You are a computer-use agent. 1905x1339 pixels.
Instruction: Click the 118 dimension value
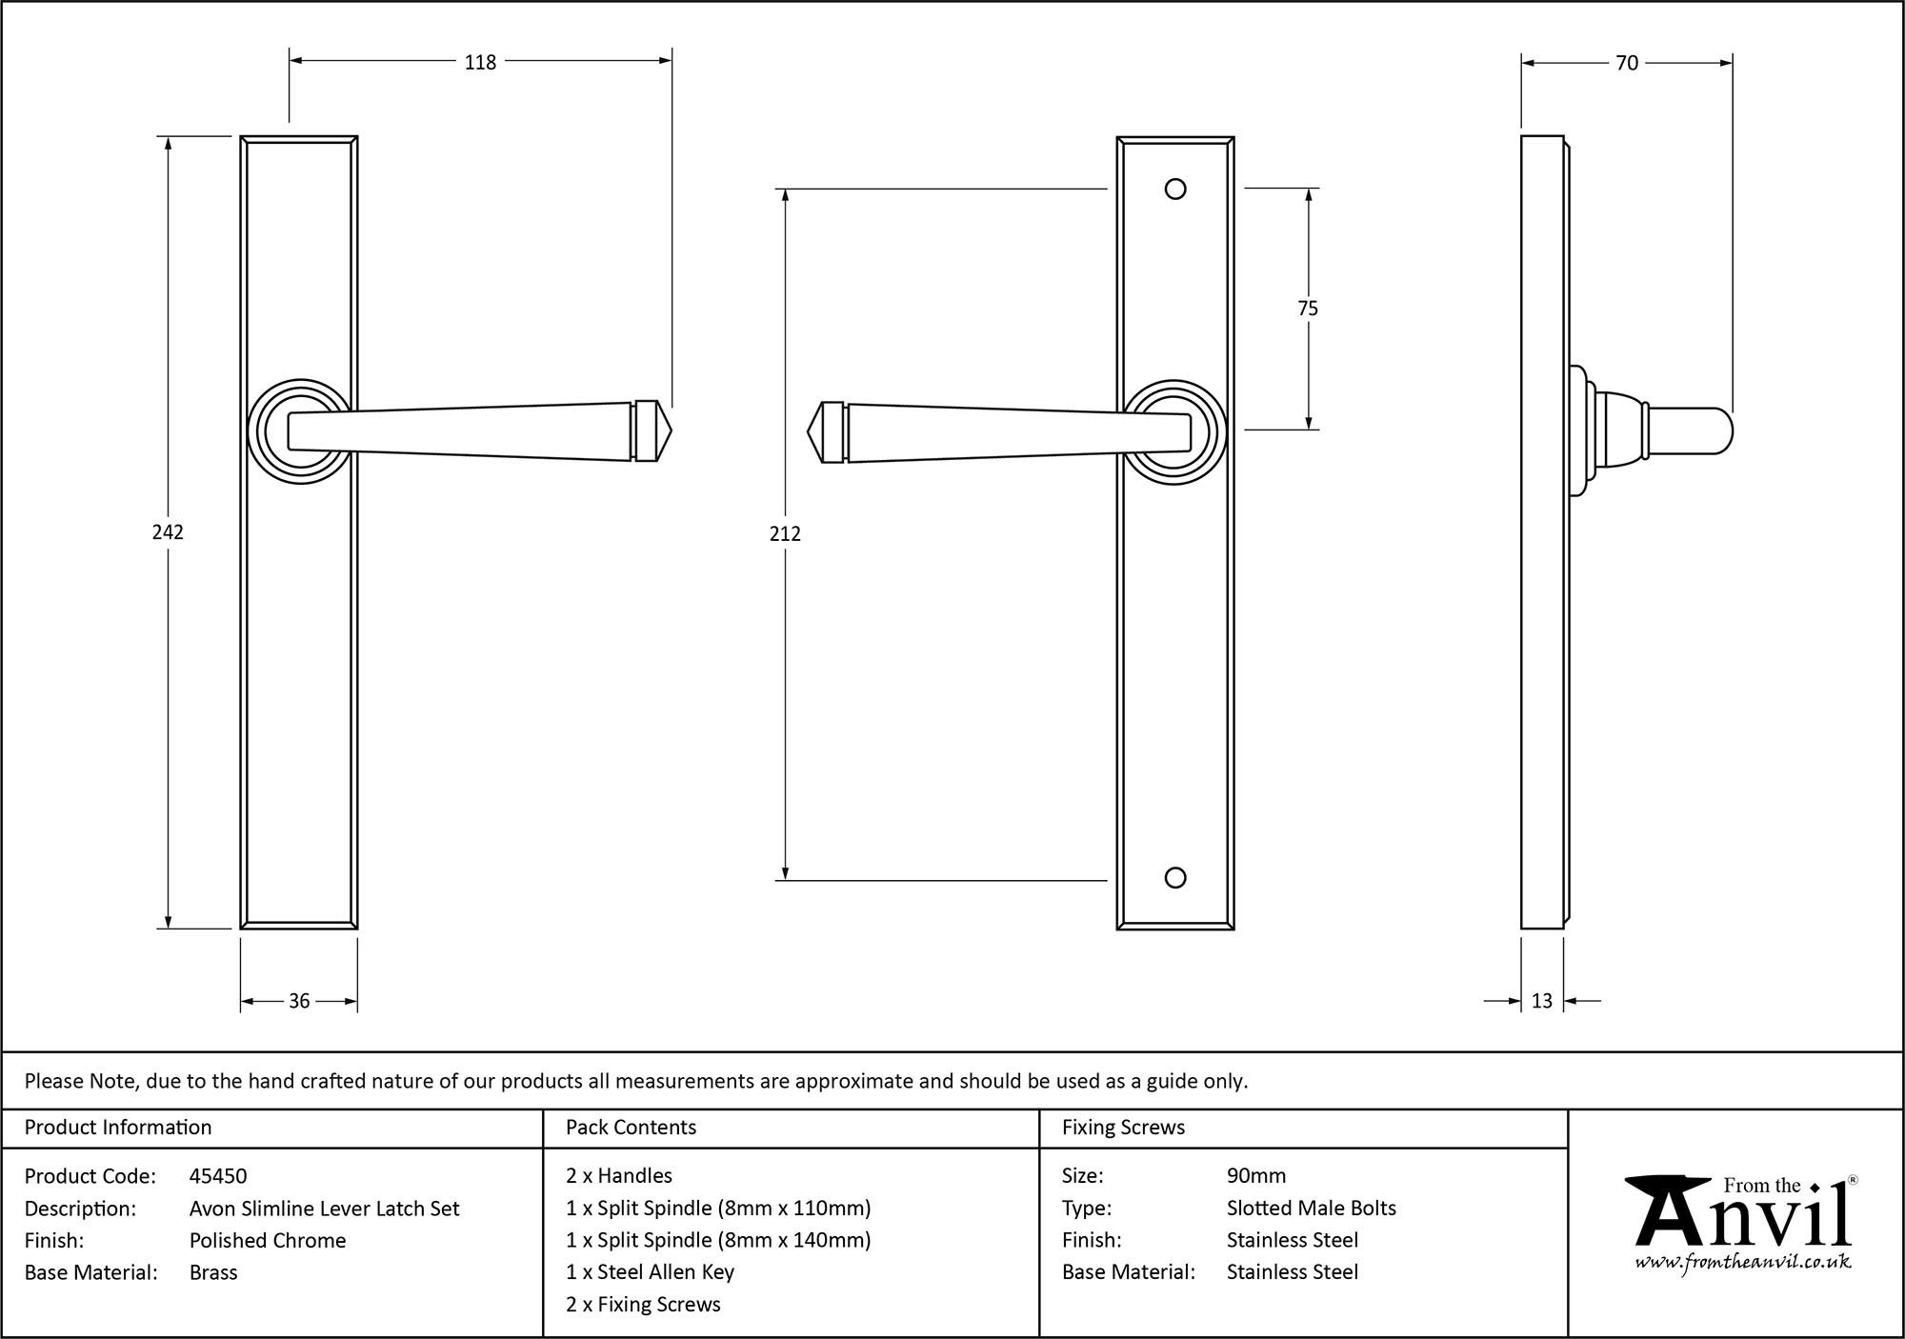(480, 62)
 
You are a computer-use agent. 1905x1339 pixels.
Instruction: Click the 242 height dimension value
(168, 532)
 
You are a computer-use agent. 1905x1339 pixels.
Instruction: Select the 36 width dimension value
(299, 1001)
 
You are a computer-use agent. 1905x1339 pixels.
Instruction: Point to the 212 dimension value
(785, 534)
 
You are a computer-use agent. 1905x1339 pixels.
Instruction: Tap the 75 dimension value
(1308, 309)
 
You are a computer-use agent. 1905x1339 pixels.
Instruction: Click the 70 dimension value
(1627, 63)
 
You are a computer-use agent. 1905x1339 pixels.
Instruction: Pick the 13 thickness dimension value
(1542, 1001)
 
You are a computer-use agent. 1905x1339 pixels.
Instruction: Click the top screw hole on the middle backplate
(1175, 190)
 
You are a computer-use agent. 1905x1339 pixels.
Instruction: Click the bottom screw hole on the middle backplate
(1175, 878)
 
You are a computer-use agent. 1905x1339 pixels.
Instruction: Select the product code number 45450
(218, 1176)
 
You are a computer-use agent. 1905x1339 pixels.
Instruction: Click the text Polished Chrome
(268, 1240)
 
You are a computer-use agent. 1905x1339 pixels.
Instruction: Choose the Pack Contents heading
(631, 1128)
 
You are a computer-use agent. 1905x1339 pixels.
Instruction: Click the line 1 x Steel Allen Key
(650, 1272)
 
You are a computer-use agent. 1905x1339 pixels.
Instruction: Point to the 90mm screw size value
(1256, 1176)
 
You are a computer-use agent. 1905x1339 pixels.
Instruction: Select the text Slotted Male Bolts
(1311, 1209)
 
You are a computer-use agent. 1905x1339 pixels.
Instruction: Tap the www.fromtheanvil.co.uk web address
(1742, 1263)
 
